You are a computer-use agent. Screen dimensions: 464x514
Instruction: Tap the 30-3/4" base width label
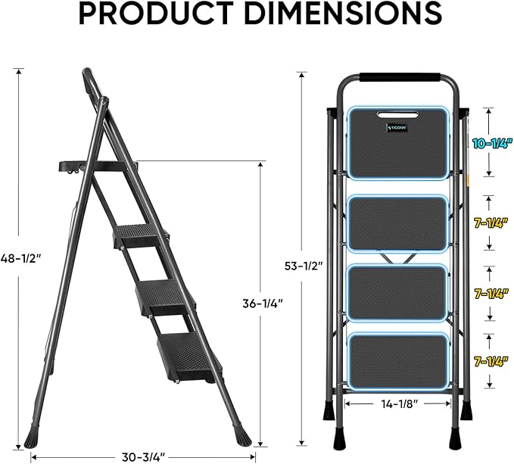click(143, 456)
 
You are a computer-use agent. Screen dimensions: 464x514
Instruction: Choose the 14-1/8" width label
click(397, 404)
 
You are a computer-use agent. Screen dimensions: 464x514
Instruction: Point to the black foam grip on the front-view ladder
click(398, 76)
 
